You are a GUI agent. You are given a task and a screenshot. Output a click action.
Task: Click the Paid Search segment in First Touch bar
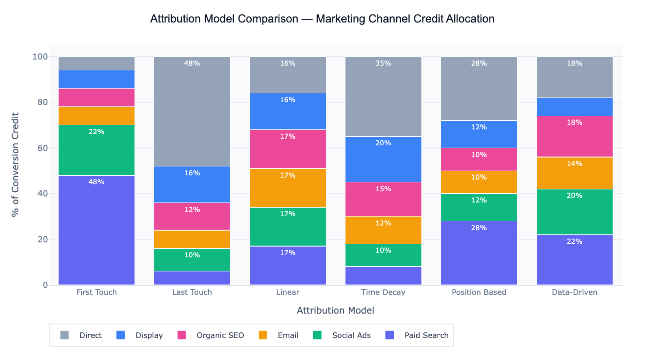pyautogui.click(x=97, y=230)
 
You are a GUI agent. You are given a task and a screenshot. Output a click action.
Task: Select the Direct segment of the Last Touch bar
pyautogui.click(x=192, y=112)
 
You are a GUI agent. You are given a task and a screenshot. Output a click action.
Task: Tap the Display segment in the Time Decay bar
pyautogui.click(x=383, y=159)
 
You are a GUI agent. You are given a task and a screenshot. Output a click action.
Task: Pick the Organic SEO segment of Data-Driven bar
pyautogui.click(x=575, y=136)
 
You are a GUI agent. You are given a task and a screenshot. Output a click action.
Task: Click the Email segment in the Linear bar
pyautogui.click(x=288, y=187)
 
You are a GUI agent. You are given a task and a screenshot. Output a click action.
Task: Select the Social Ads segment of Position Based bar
pyautogui.click(x=479, y=207)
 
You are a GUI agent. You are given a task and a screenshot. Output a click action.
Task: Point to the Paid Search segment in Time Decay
pyautogui.click(x=383, y=276)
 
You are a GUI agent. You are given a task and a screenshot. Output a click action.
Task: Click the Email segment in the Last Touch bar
pyautogui.click(x=192, y=239)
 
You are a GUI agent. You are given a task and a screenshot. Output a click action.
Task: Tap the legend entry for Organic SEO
pyautogui.click(x=220, y=335)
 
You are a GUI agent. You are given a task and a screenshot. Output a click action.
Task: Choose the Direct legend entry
pyautogui.click(x=90, y=335)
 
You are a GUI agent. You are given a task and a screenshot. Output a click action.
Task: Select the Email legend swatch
pyautogui.click(x=263, y=335)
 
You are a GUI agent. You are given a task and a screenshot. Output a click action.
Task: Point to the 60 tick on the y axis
pyautogui.click(x=42, y=148)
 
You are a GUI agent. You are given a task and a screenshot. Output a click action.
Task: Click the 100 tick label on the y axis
pyautogui.click(x=40, y=57)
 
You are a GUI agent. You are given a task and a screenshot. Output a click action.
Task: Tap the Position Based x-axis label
pyautogui.click(x=479, y=292)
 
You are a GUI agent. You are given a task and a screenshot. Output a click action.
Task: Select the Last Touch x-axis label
pyautogui.click(x=192, y=292)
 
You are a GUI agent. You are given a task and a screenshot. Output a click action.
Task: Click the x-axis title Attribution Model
pyautogui.click(x=335, y=310)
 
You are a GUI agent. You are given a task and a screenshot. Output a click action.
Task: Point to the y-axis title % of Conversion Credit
pyautogui.click(x=15, y=164)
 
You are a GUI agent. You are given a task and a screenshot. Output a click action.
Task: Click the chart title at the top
pyautogui.click(x=322, y=19)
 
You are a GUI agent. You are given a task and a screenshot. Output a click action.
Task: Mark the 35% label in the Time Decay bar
pyautogui.click(x=383, y=63)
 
